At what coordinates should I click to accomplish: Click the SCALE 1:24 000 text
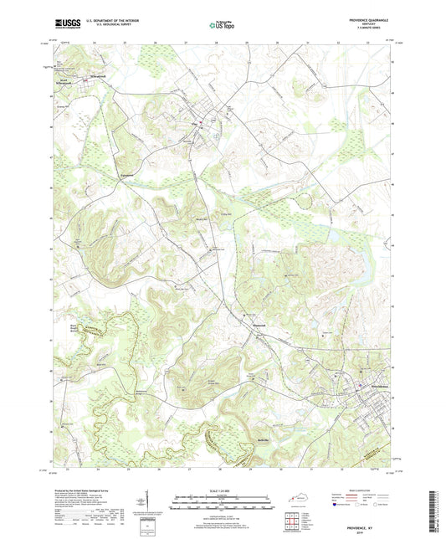click(x=222, y=491)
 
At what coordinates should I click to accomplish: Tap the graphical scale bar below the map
click(x=222, y=504)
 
